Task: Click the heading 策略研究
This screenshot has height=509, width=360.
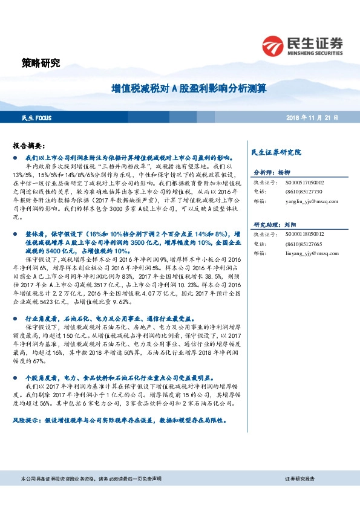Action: pos(41,63)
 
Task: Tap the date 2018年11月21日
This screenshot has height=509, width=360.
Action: pos(313,117)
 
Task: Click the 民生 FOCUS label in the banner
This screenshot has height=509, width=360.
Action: pos(34,117)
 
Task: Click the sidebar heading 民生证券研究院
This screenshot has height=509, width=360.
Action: pos(276,152)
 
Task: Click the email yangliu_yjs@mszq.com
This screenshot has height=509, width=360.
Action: pos(306,201)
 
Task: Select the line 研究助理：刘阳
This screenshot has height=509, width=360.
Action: pos(276,224)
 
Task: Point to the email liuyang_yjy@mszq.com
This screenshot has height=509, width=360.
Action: pos(306,253)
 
